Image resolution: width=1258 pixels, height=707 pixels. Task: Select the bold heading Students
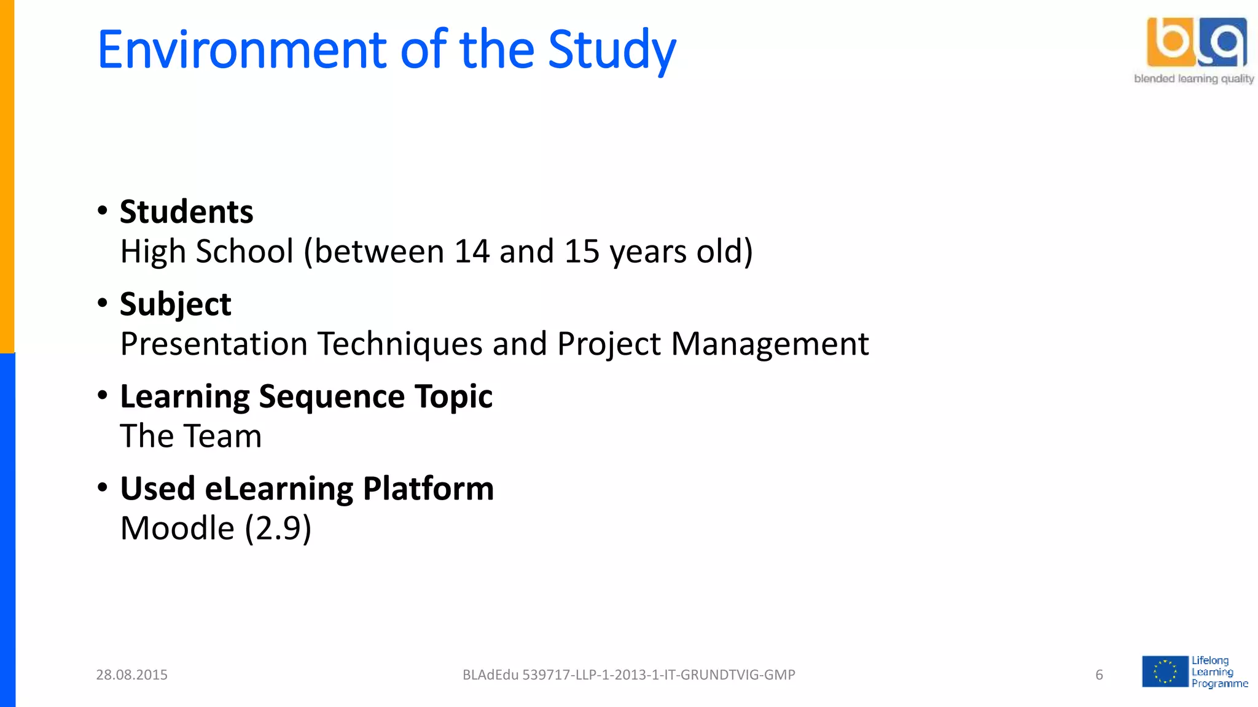click(186, 212)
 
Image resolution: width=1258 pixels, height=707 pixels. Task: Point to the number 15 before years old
click(582, 252)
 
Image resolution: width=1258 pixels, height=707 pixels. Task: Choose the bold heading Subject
click(175, 304)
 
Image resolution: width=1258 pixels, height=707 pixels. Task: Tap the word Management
click(770, 344)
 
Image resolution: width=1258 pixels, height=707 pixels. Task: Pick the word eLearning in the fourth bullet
click(279, 489)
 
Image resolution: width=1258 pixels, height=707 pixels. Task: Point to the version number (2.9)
click(278, 528)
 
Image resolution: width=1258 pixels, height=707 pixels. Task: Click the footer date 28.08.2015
click(131, 675)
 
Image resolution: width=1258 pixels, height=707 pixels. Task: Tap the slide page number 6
click(1099, 675)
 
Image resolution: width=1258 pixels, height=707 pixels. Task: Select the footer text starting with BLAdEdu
click(628, 675)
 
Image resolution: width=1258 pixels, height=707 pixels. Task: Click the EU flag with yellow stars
click(1165, 671)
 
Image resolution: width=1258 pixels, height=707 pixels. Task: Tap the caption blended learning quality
click(1194, 79)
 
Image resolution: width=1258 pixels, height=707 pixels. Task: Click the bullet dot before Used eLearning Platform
click(103, 488)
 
